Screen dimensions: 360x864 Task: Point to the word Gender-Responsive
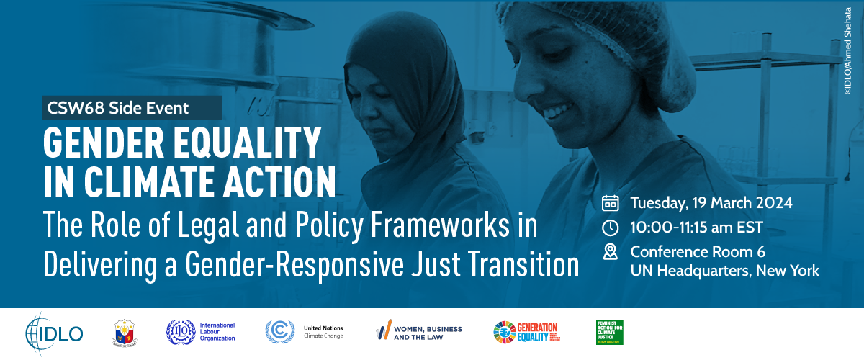pos(296,264)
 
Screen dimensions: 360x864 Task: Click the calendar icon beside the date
pos(610,202)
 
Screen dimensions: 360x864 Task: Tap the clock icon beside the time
pos(610,228)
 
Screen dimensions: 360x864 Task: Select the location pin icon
pos(610,252)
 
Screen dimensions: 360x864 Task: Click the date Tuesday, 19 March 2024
pos(711,202)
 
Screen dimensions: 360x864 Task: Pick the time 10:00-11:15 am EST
pos(696,228)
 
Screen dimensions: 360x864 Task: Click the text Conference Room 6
pos(697,251)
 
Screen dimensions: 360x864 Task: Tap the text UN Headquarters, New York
pos(724,271)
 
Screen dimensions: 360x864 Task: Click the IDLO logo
pos(54,332)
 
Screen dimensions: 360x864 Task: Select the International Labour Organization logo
pos(201,332)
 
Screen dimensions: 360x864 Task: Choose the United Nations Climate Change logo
pos(304,331)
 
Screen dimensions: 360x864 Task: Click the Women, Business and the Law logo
pos(418,332)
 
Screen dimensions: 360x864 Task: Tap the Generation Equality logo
pos(526,332)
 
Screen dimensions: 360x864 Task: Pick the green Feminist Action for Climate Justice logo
pos(609,332)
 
